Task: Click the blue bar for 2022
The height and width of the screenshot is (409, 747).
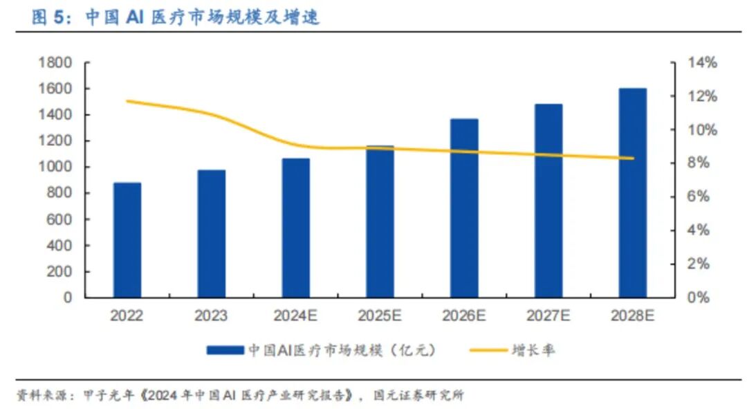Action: [x=127, y=240]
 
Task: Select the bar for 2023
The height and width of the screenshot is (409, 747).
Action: [x=211, y=234]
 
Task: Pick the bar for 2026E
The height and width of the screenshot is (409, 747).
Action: [x=464, y=208]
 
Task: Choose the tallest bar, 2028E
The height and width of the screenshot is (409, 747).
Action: [x=632, y=193]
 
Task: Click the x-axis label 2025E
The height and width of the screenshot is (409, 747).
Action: [x=380, y=316]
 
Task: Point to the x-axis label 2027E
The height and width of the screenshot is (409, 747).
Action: [x=548, y=316]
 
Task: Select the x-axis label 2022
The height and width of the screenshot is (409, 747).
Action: [x=127, y=316]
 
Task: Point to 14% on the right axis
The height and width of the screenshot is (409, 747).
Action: [x=702, y=63]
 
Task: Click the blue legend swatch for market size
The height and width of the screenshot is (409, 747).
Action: [x=225, y=351]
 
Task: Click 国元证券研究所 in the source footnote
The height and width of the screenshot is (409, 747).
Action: [x=418, y=396]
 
